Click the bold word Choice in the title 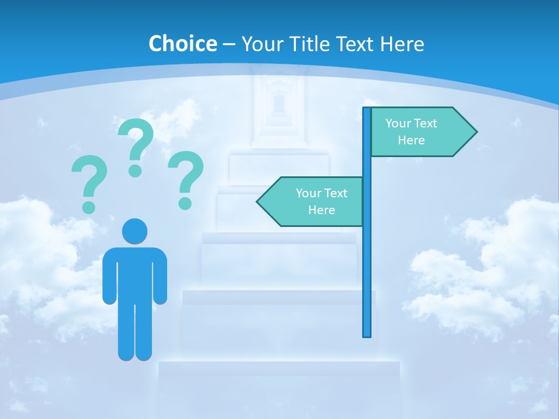pos(182,44)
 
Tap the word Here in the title pos(402,44)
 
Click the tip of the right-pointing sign pos(476,132)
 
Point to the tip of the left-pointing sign pos(258,201)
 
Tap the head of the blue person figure pos(135,231)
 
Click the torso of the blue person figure pos(135,274)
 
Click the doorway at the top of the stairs pos(279,104)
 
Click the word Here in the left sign pos(321,210)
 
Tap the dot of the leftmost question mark pos(89,207)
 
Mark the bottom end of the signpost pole pos(367,335)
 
